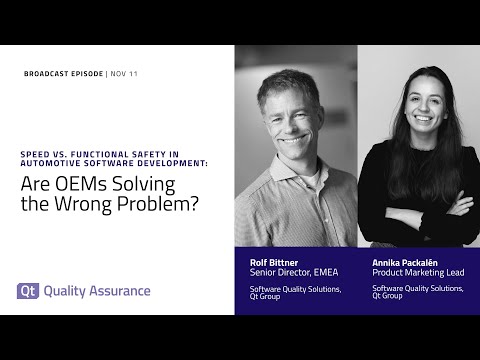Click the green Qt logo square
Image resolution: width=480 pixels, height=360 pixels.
28,291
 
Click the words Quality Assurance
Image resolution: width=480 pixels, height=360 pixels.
97,291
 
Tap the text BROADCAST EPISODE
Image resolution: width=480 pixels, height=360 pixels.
62,74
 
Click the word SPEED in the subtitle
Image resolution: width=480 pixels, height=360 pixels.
37,155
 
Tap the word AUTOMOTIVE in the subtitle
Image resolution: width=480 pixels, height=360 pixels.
56,165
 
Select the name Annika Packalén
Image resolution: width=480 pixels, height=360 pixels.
406,261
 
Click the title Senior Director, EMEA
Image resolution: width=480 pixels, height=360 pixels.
296,272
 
